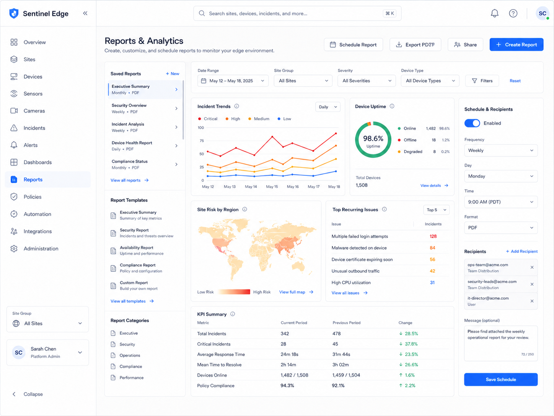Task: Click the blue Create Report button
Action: tap(517, 45)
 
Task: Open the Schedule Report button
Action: tap(354, 45)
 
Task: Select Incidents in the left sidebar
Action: tap(34, 128)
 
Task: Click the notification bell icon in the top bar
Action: tap(494, 13)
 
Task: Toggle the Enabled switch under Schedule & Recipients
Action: tap(472, 123)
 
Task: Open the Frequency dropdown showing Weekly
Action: tap(501, 151)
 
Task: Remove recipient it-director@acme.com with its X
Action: tap(532, 301)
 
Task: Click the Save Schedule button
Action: tap(501, 379)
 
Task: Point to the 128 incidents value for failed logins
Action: tap(433, 236)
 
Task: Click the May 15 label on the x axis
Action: tap(272, 187)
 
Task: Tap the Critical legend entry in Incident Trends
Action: tap(208, 119)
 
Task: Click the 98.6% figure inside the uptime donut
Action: tap(373, 138)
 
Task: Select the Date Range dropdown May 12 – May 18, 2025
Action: tap(233, 81)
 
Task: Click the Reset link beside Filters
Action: tap(515, 81)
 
